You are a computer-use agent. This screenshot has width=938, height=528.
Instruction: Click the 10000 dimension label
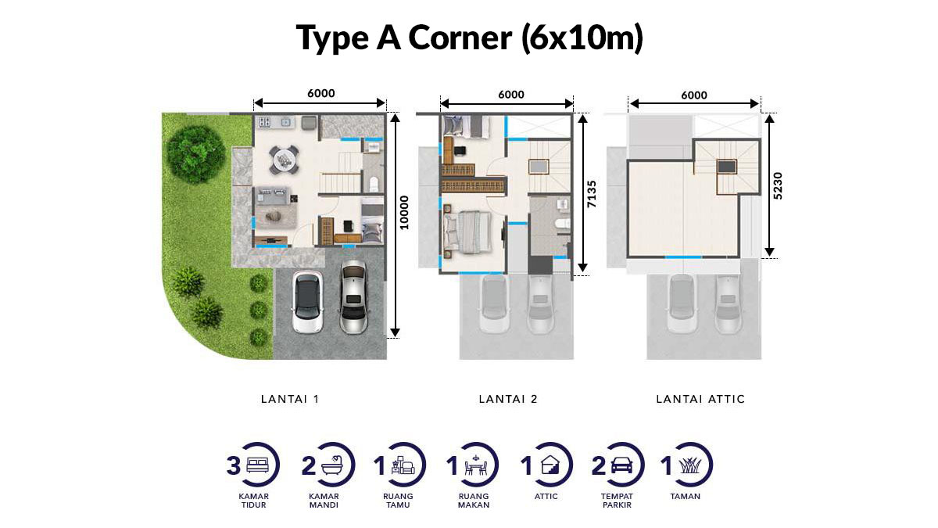coord(403,213)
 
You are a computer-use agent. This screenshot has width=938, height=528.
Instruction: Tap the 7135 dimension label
coord(591,194)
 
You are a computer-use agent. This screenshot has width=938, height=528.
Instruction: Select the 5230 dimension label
coord(778,185)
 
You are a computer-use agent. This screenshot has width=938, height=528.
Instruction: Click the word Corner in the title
coord(460,38)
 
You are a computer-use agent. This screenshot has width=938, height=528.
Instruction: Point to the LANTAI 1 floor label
coord(290,399)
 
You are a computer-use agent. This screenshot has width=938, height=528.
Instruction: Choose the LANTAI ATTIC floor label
coord(700,399)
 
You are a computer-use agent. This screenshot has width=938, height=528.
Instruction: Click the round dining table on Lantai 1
coord(284,160)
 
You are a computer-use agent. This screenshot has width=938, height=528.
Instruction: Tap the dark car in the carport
coord(307,302)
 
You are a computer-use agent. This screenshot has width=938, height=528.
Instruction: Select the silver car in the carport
coord(354,296)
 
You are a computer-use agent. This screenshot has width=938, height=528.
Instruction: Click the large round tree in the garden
coord(195,153)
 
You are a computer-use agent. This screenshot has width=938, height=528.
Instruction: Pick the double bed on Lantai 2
coord(468,232)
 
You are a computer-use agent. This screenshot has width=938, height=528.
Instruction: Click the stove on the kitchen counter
coord(264,122)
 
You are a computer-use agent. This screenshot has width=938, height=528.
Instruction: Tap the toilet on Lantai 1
coord(374,184)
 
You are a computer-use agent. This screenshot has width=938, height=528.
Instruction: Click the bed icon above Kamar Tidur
coord(257,465)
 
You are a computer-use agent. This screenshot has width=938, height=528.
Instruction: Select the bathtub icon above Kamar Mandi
coord(332,465)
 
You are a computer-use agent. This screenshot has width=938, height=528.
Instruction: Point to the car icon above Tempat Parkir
coord(622,465)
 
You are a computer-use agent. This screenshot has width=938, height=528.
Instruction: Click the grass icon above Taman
coord(690,465)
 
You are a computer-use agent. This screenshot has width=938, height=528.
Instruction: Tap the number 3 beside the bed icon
coord(233,465)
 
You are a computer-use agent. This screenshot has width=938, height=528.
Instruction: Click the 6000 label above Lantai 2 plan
coord(511,95)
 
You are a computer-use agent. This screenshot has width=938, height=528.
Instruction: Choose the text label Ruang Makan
coord(474,501)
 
